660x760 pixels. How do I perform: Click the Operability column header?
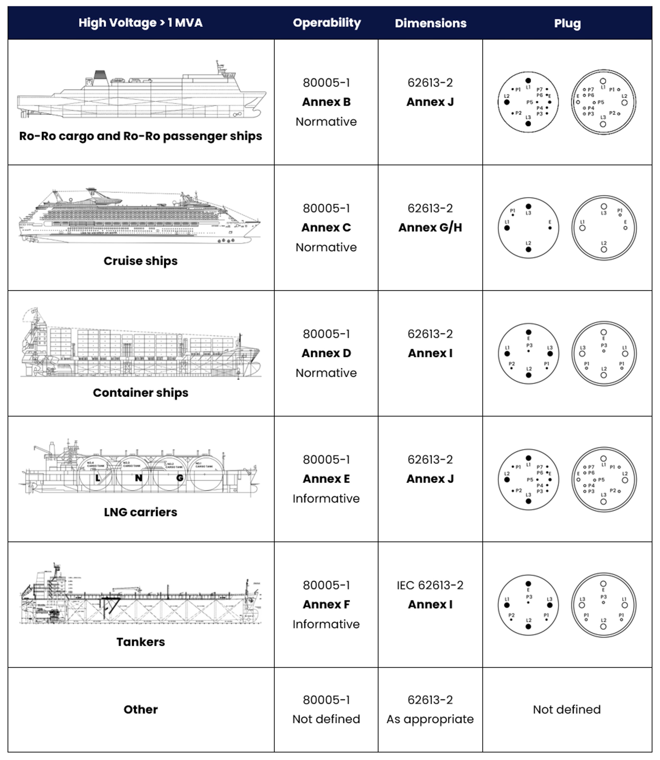click(x=327, y=23)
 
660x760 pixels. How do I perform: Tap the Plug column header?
click(x=567, y=23)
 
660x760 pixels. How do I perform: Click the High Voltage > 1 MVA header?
click(x=140, y=23)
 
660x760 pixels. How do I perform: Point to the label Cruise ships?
click(x=140, y=261)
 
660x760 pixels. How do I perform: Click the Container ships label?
click(x=140, y=393)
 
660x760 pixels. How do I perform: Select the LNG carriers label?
click(x=140, y=512)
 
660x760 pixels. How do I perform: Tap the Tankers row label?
click(x=140, y=642)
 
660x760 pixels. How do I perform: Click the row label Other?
click(x=140, y=709)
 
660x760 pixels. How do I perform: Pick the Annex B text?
click(x=326, y=102)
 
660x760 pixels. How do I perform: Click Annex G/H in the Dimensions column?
click(x=430, y=228)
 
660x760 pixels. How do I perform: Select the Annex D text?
click(x=326, y=353)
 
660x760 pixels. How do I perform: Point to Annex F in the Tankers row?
click(x=326, y=604)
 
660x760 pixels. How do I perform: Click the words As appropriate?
click(x=430, y=719)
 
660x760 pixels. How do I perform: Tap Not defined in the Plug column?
click(x=567, y=709)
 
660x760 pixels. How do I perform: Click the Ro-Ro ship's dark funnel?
click(x=100, y=75)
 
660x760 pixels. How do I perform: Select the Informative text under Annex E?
click(x=326, y=499)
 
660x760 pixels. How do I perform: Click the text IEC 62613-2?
click(x=430, y=585)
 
